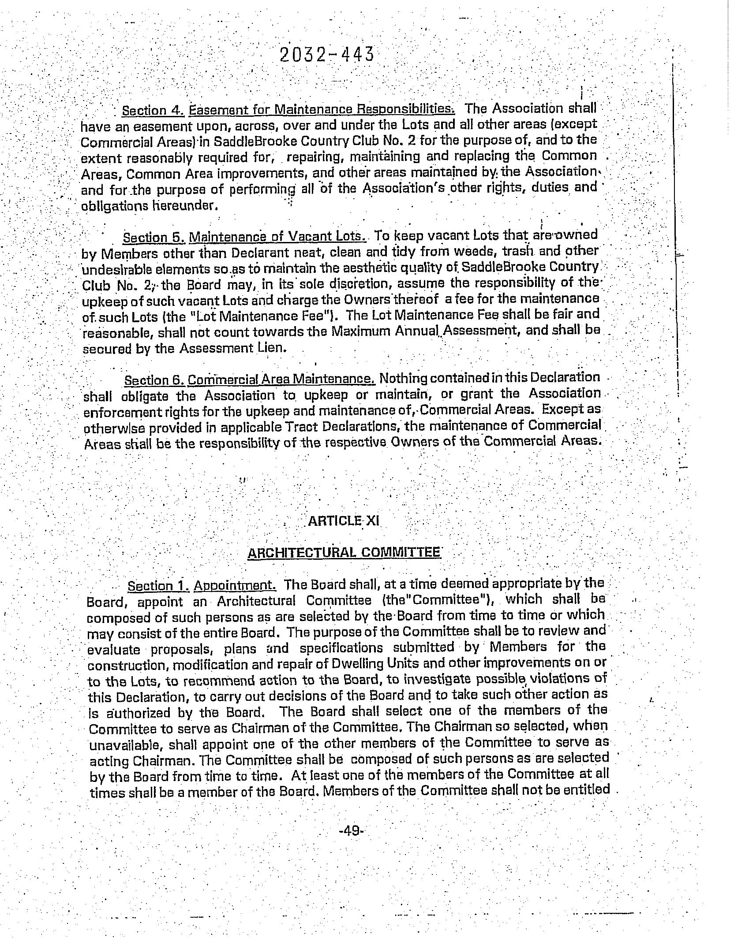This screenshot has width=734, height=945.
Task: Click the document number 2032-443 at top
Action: click(327, 55)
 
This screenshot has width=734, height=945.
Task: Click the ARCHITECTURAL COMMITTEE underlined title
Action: click(344, 553)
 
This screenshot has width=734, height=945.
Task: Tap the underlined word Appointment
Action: click(235, 586)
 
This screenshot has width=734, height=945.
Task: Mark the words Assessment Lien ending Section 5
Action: click(232, 348)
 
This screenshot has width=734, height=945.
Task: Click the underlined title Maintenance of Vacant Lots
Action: click(277, 237)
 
